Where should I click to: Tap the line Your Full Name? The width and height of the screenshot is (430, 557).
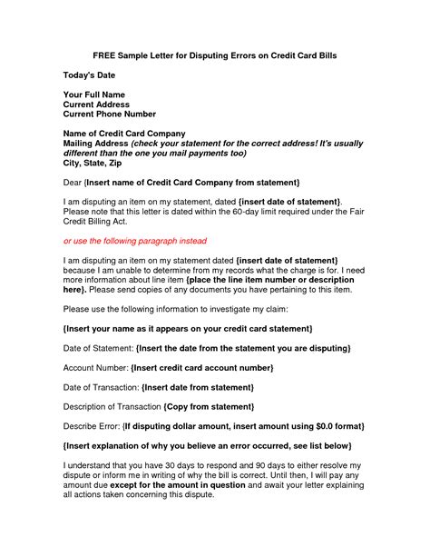94,94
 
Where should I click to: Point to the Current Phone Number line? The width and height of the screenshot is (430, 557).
109,114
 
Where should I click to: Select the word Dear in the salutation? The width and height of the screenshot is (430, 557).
73,184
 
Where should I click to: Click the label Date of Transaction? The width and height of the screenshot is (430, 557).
103,386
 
